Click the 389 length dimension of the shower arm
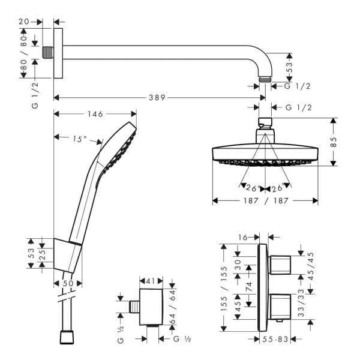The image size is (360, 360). click(157, 98)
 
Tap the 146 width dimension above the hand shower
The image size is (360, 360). click(95, 114)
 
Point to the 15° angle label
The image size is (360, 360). click(80, 139)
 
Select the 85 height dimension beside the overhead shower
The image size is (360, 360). click(334, 142)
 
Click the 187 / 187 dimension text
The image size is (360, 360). click(266, 201)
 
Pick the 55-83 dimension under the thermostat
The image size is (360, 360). click(275, 339)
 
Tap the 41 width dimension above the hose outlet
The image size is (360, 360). click(151, 281)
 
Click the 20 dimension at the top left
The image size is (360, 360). click(24, 22)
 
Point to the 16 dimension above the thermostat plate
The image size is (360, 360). click(243, 237)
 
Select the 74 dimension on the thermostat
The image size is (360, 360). click(249, 287)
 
